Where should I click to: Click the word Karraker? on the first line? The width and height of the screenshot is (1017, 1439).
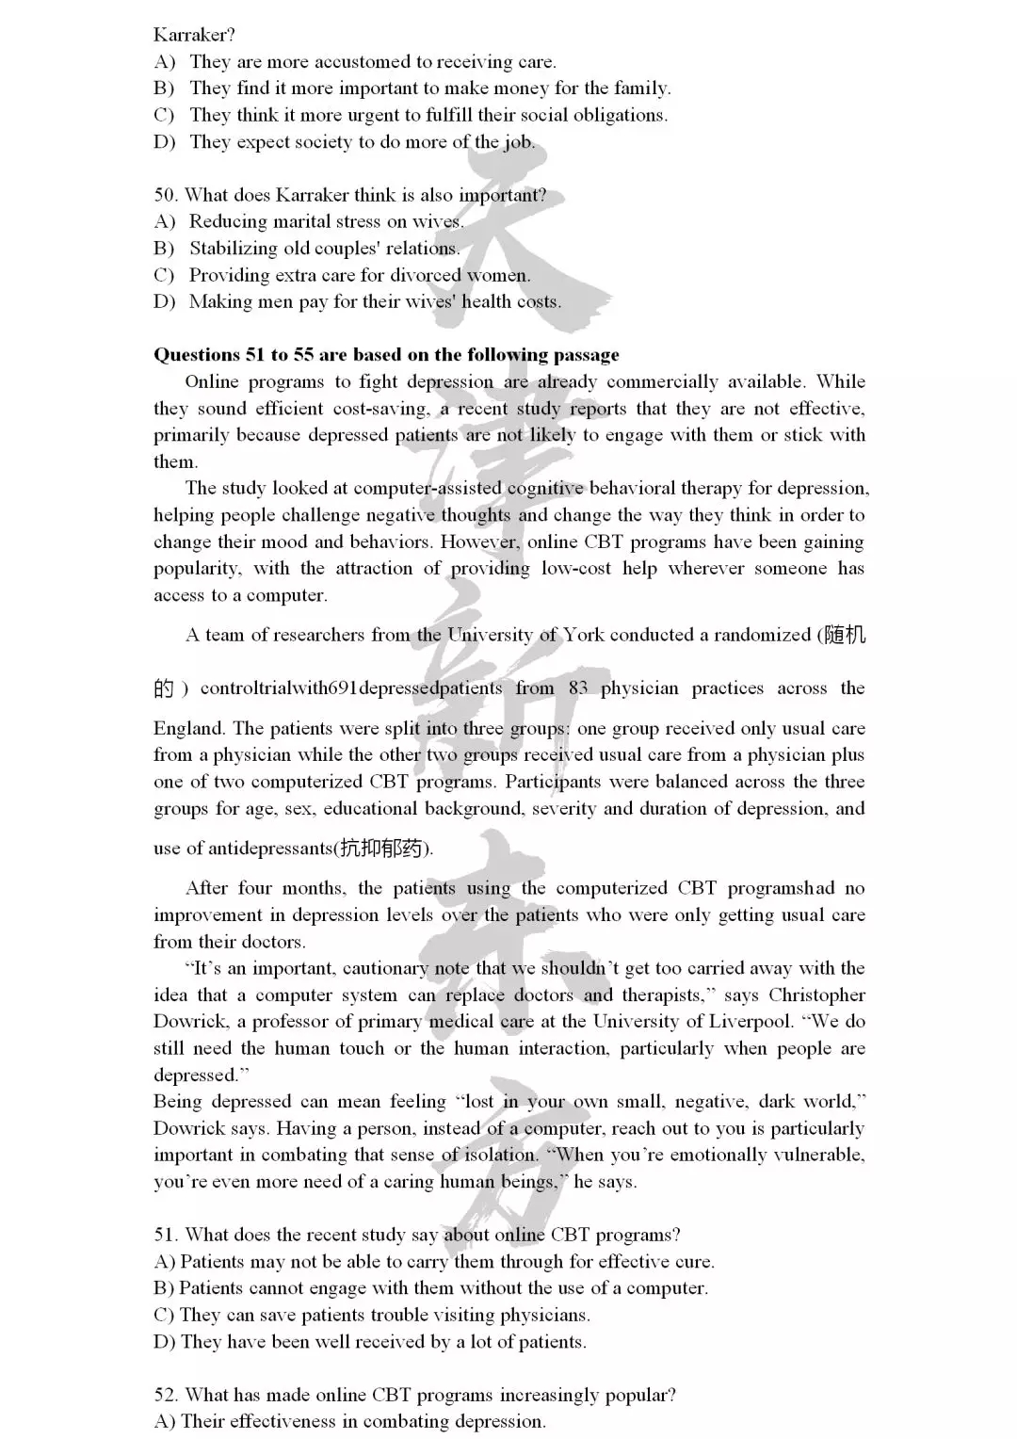click(194, 35)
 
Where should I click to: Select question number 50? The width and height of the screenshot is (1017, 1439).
click(166, 195)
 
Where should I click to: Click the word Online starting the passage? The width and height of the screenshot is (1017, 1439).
click(212, 381)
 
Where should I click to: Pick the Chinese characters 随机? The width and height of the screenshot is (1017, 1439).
click(844, 635)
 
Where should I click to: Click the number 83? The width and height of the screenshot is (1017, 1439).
click(578, 688)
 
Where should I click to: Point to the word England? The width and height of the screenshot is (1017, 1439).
click(188, 728)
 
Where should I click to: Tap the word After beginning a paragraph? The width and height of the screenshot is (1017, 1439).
click(206, 888)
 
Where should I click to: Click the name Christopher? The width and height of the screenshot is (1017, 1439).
click(816, 995)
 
